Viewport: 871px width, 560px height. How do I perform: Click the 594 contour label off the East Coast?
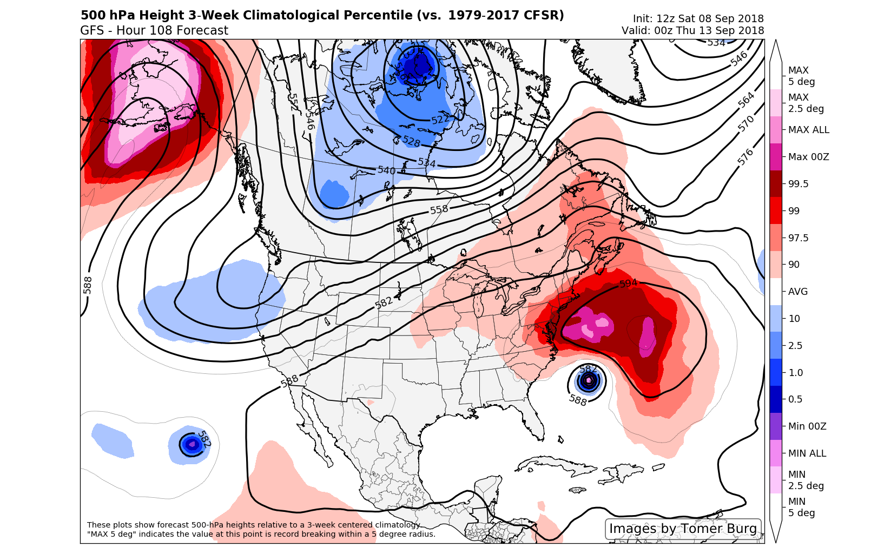(x=628, y=284)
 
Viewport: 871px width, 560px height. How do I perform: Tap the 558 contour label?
(x=439, y=209)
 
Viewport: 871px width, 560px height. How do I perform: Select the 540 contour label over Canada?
(x=386, y=170)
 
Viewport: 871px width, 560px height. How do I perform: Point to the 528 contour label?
(x=411, y=141)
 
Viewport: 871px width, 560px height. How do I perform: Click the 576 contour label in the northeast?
(x=745, y=157)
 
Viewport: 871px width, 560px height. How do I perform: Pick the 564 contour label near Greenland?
(x=746, y=100)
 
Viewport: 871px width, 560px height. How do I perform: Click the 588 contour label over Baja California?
(x=289, y=381)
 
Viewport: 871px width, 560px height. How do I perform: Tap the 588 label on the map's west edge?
(x=88, y=285)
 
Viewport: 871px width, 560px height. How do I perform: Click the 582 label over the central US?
(x=384, y=303)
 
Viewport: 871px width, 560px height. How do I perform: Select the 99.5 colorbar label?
(x=798, y=184)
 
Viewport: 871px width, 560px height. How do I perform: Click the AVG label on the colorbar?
(x=797, y=292)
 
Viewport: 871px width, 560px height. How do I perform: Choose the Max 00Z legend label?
(x=808, y=157)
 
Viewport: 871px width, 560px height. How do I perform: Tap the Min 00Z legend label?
(x=807, y=426)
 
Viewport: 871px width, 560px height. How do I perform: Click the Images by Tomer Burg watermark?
(x=683, y=529)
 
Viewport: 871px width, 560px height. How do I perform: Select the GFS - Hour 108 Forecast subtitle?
(x=154, y=31)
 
